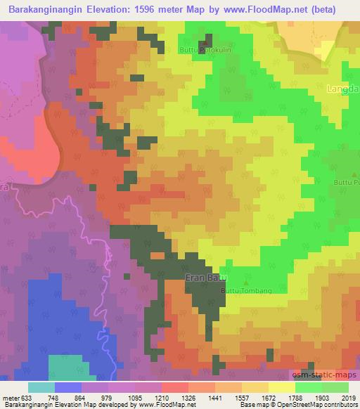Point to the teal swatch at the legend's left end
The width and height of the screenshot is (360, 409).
point(41,387)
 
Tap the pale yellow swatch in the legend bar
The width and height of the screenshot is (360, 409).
point(282,387)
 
